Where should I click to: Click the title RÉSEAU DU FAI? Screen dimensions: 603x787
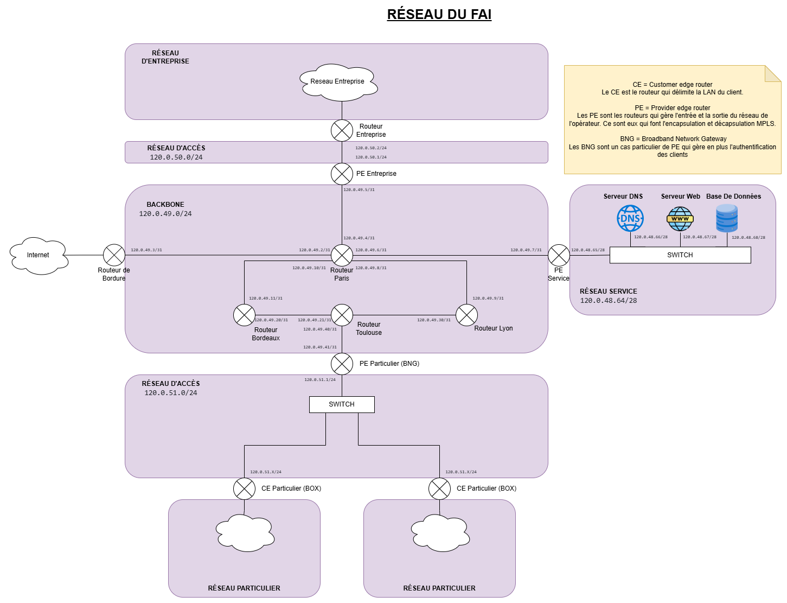[x=439, y=14]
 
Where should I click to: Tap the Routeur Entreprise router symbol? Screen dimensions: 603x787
[x=342, y=130]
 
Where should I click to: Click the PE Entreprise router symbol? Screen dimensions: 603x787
[x=342, y=174]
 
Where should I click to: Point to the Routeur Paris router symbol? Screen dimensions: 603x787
[x=342, y=255]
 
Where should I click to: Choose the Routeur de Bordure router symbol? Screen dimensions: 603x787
[x=114, y=255]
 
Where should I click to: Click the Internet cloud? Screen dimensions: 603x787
[x=39, y=255]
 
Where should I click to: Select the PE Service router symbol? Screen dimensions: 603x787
[x=559, y=255]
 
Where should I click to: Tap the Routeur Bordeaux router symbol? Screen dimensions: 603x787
[x=244, y=315]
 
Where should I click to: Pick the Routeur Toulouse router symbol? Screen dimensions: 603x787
[x=342, y=315]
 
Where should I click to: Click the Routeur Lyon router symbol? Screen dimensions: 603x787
[x=466, y=315]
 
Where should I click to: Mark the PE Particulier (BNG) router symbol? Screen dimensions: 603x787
[x=342, y=364]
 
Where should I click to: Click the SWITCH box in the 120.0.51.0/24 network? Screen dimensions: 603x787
[x=342, y=404]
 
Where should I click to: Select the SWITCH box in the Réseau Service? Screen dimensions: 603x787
[x=680, y=255]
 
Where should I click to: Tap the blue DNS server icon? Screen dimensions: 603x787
[x=630, y=219]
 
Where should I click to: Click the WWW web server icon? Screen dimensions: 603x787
[x=680, y=219]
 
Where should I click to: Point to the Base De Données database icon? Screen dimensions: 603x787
[x=727, y=218]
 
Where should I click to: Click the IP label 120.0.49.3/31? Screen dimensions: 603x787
[x=146, y=250]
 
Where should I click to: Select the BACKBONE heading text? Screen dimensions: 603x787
[x=165, y=205]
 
